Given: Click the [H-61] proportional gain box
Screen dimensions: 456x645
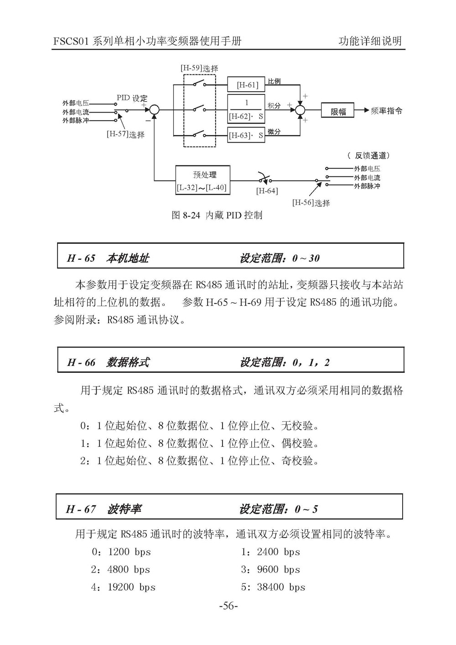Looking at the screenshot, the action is pyautogui.click(x=246, y=84).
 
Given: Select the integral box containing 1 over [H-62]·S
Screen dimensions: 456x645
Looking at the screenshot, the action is pyautogui.click(x=246, y=109).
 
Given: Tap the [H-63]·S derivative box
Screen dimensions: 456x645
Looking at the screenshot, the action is pyautogui.click(x=246, y=135).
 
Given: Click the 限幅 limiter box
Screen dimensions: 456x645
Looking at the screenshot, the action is pyautogui.click(x=337, y=110).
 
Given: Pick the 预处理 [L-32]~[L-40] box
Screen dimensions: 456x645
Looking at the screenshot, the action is pyautogui.click(x=203, y=180).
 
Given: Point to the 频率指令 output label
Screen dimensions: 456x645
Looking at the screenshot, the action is pyautogui.click(x=386, y=111).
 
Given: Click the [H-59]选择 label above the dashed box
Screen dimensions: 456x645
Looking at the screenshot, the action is pyautogui.click(x=199, y=68).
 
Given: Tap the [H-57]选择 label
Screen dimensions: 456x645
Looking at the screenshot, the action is pyautogui.click(x=125, y=134).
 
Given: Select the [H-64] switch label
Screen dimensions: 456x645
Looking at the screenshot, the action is pyautogui.click(x=267, y=191).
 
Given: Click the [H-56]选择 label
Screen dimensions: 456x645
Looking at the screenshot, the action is pyautogui.click(x=311, y=203).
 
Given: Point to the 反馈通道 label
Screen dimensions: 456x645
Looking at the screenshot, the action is pyautogui.click(x=369, y=156).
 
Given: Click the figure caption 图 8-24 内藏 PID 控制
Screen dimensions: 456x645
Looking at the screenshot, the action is pyautogui.click(x=217, y=215).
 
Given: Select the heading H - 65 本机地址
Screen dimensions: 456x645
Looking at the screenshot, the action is pyautogui.click(x=108, y=258).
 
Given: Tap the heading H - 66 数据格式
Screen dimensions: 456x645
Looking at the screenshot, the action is pyautogui.click(x=108, y=362).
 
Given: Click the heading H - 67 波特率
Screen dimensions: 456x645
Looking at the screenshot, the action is pyautogui.click(x=104, y=509).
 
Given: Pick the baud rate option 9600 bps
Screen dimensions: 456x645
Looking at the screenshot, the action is pyautogui.click(x=278, y=569).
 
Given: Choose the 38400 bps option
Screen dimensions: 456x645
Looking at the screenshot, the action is pyautogui.click(x=281, y=587).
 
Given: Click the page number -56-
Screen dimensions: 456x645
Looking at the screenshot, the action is pyautogui.click(x=228, y=606).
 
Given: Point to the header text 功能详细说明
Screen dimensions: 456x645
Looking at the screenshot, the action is pyautogui.click(x=370, y=41).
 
